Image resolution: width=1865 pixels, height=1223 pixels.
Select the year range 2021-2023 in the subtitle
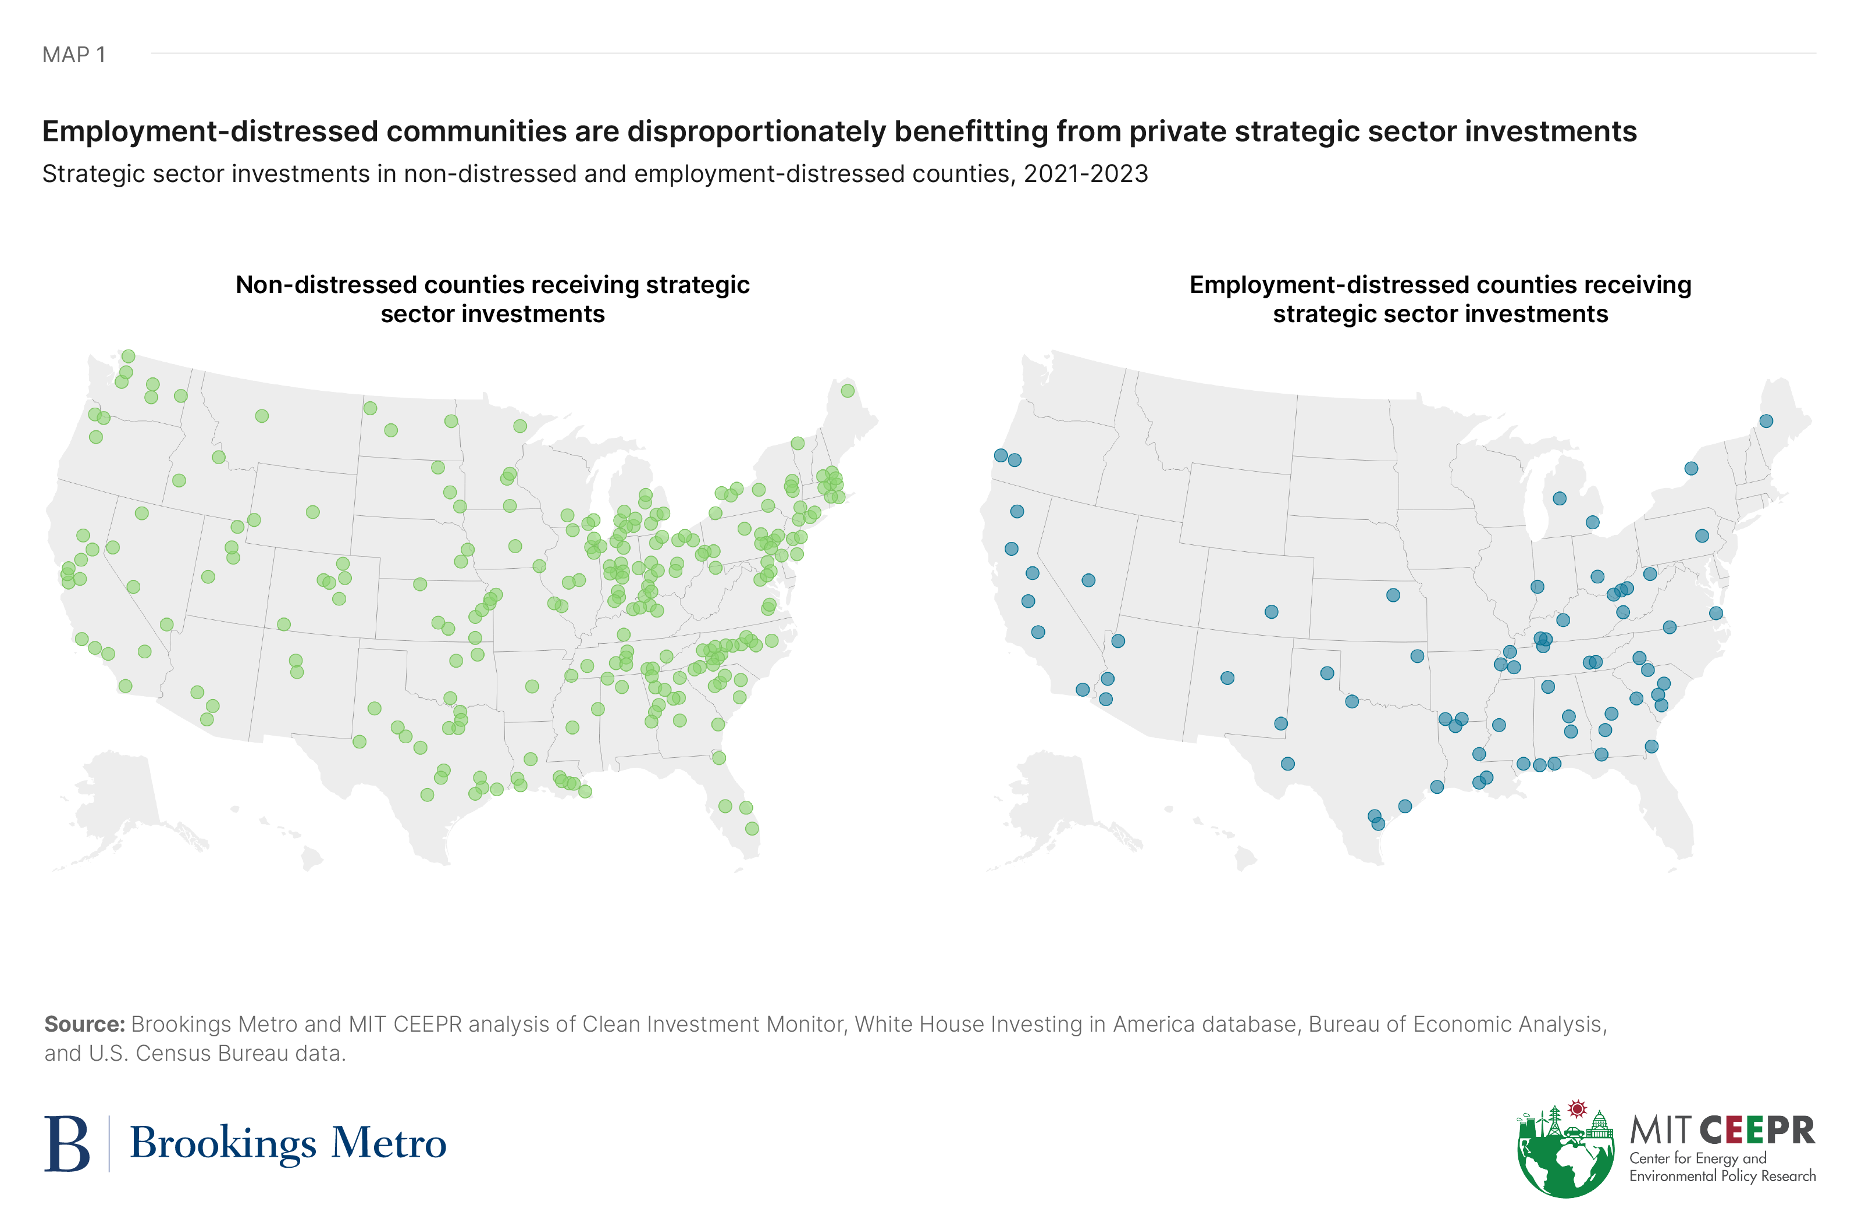click(1085, 174)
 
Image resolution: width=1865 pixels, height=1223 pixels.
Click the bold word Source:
click(84, 1024)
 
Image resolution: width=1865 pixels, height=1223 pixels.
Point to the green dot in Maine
click(847, 391)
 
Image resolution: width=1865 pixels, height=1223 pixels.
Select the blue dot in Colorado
click(1272, 612)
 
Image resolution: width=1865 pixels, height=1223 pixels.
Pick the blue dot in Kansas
click(1393, 596)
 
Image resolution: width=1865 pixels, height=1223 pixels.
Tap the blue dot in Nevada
click(1088, 580)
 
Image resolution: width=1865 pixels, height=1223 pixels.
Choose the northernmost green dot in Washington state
click(129, 356)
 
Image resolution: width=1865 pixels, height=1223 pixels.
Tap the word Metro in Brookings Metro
click(389, 1144)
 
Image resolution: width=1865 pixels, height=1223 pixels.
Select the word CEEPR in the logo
click(1757, 1131)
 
